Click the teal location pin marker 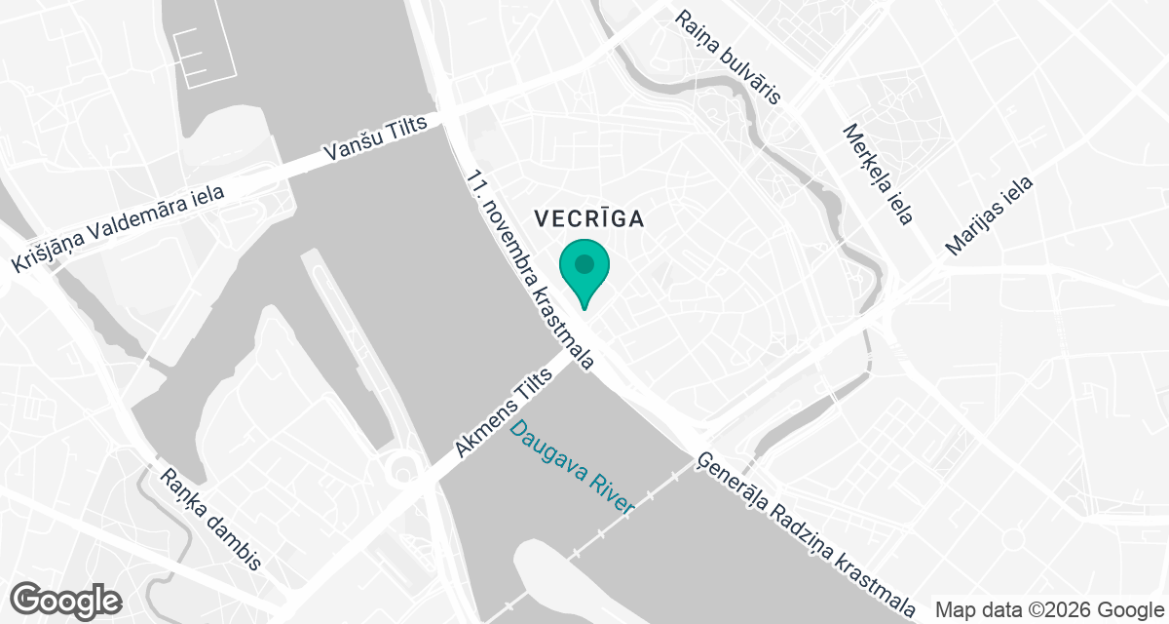584,271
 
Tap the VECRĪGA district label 588,218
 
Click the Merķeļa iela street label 878,175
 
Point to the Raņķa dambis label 211,519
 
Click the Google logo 66,598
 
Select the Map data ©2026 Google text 1049,610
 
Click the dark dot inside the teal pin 584,263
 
